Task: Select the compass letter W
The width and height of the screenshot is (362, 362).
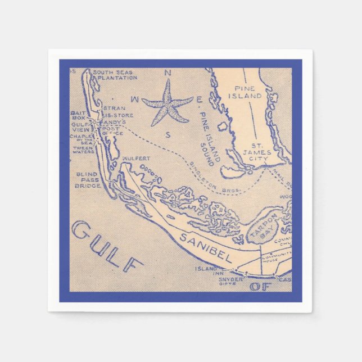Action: tap(135, 100)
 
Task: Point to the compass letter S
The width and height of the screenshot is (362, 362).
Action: tap(168, 134)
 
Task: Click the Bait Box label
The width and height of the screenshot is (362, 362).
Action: tap(78, 116)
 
